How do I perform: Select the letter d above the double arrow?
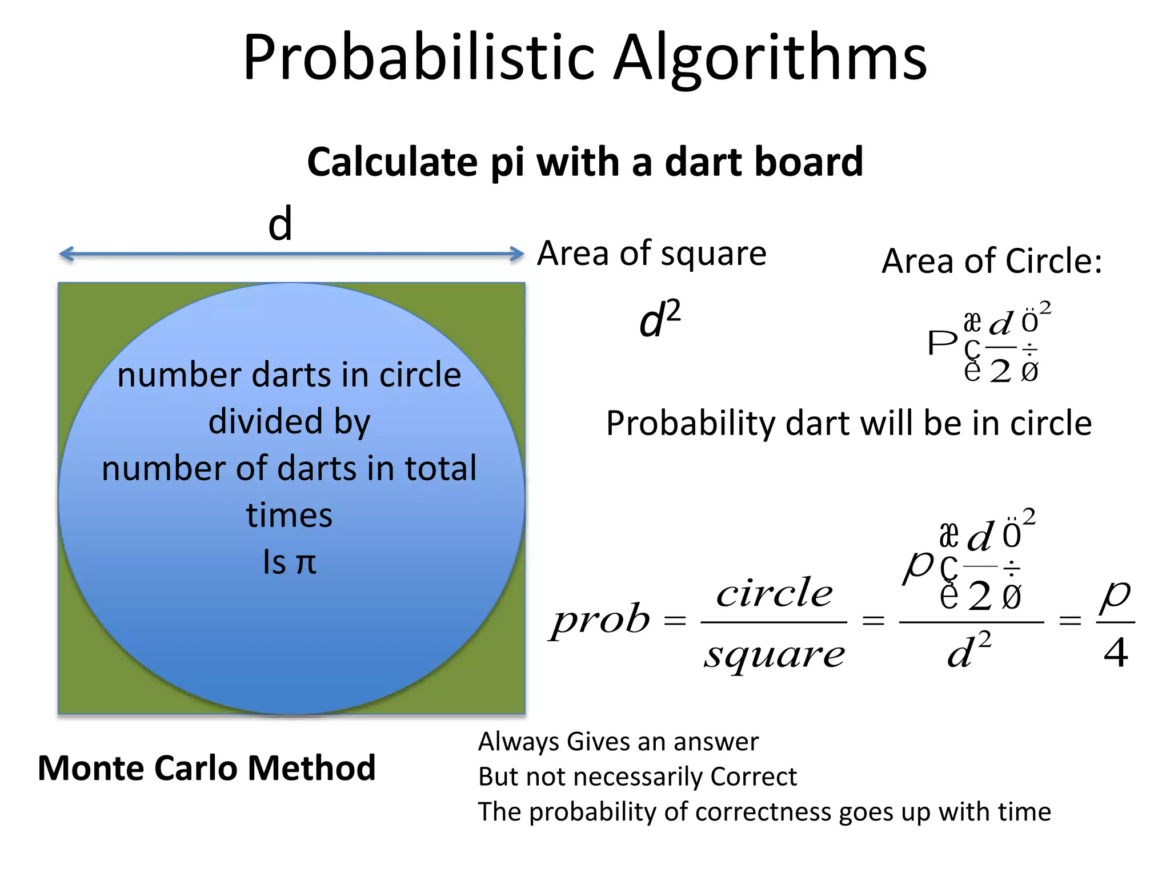[280, 224]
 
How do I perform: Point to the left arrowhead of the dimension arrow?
[66, 254]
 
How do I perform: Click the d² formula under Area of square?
[659, 320]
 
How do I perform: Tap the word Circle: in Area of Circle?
[1053, 262]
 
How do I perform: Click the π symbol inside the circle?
[306, 562]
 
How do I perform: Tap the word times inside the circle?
[289, 516]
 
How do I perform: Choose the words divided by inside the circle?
[289, 422]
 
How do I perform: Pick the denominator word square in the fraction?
[774, 654]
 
